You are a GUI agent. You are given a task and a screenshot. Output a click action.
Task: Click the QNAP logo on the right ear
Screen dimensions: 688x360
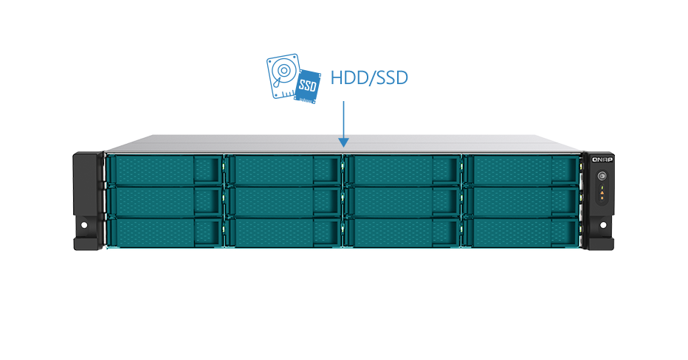(x=602, y=159)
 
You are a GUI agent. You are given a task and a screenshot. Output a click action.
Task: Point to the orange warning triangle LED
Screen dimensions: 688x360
(x=602, y=192)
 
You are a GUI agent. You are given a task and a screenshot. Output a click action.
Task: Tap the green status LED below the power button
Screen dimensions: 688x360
(x=602, y=187)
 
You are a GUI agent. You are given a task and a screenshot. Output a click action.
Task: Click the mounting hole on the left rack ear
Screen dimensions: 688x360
(x=84, y=226)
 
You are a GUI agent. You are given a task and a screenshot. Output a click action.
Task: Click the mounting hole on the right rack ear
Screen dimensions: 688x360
(x=603, y=226)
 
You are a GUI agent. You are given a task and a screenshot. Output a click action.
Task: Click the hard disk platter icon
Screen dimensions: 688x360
(x=284, y=76)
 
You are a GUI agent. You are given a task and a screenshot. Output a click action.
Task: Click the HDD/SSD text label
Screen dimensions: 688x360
(x=369, y=78)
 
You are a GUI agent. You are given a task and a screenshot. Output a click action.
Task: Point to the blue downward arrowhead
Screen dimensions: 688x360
(x=343, y=142)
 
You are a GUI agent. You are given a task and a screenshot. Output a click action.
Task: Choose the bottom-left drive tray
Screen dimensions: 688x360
(x=165, y=233)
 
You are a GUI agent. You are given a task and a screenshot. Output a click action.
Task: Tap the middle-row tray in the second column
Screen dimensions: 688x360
(x=284, y=201)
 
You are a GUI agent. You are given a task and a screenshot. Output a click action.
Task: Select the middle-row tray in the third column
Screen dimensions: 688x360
(x=403, y=201)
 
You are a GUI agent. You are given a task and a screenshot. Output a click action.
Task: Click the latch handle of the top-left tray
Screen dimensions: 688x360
(x=207, y=170)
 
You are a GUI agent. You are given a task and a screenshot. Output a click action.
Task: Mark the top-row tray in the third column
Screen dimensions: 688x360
(x=403, y=170)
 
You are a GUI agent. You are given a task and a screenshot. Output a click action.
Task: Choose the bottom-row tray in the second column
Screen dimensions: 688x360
(x=284, y=233)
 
